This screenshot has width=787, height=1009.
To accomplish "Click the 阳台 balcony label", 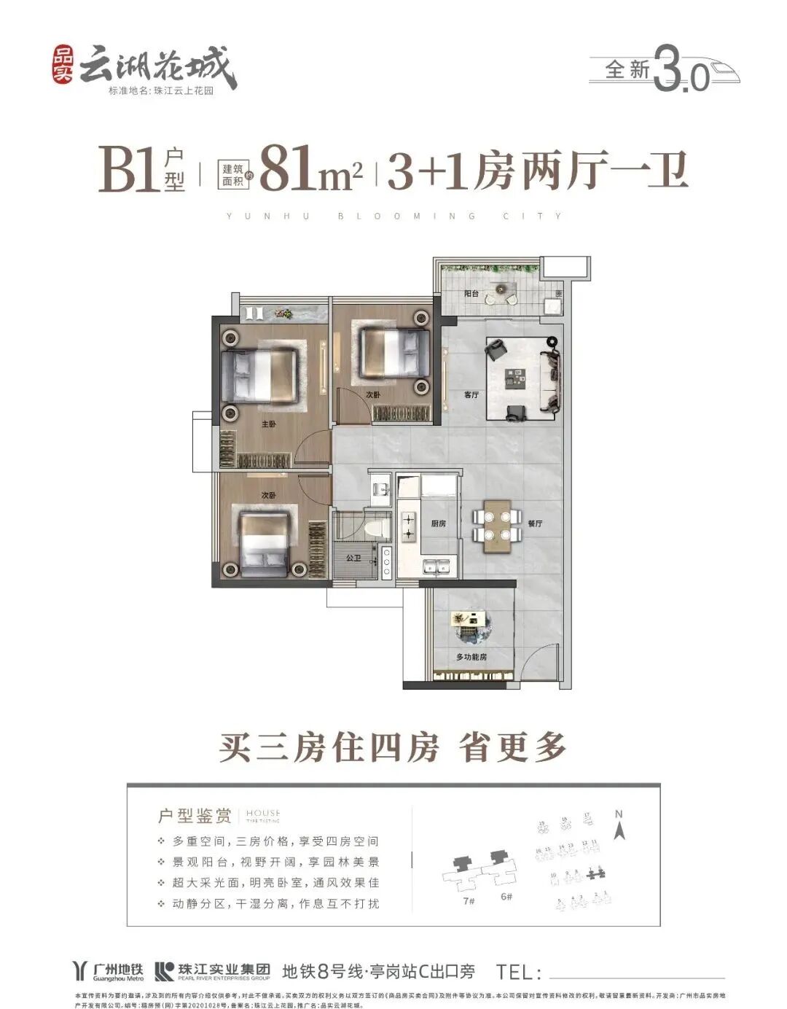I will tap(471, 294).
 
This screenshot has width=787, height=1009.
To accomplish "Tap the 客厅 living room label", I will tap(471, 394).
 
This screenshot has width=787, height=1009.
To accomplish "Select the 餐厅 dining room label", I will tap(535, 523).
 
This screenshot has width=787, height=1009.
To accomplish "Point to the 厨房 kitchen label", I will tap(438, 523).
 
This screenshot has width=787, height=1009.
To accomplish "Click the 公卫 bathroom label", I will tap(353, 558).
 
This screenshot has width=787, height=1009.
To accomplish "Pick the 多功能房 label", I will tap(471, 657).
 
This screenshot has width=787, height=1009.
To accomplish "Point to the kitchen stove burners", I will tap(407, 526).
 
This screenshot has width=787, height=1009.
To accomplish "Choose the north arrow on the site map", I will tap(619, 827).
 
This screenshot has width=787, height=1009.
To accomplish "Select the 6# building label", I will tap(506, 896).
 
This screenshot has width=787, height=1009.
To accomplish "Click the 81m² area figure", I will tap(310, 170).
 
